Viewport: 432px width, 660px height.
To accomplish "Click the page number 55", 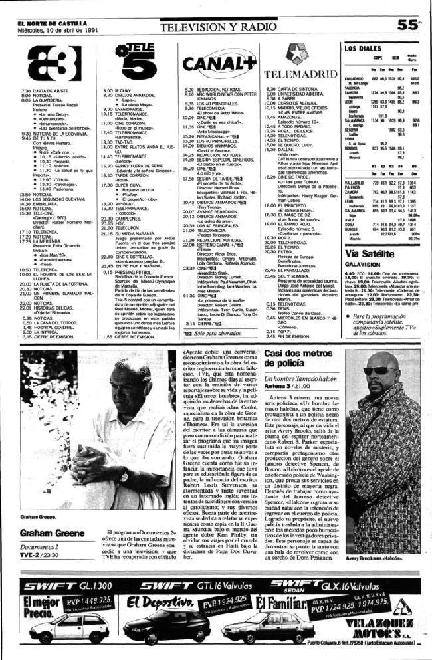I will tap(412, 25).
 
